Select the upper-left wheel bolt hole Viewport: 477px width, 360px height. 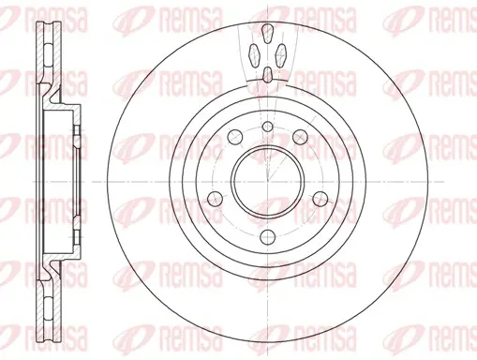(235, 137)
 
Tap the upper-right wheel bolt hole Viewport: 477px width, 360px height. (300, 137)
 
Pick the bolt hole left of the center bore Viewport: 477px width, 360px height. (216, 199)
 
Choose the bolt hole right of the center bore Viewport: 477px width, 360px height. (320, 199)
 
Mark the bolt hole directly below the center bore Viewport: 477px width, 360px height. (268, 237)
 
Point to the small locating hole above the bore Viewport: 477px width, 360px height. (267, 127)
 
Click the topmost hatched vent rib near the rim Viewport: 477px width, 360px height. (267, 33)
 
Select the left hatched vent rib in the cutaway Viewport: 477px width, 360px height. (254, 55)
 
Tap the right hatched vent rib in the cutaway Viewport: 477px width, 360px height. (281, 55)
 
